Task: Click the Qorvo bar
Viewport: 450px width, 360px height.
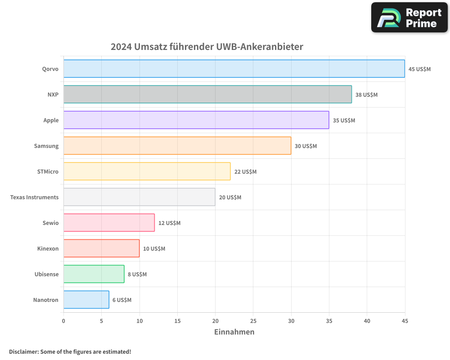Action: (x=234, y=69)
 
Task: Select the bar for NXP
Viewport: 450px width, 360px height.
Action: (x=207, y=94)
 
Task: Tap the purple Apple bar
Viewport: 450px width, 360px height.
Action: (x=196, y=120)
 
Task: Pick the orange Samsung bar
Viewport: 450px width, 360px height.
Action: (x=177, y=146)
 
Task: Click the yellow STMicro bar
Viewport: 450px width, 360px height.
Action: (x=147, y=171)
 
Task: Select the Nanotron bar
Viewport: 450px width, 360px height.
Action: (x=86, y=300)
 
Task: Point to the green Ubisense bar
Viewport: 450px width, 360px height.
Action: (x=94, y=274)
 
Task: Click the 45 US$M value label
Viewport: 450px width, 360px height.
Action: (x=419, y=69)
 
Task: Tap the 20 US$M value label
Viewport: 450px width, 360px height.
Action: (x=230, y=198)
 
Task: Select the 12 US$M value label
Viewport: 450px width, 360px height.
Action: (x=169, y=223)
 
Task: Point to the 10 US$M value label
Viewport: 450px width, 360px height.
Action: (x=154, y=249)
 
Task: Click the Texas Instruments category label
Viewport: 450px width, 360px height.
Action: (x=34, y=197)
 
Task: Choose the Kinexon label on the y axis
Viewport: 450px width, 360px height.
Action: (x=48, y=248)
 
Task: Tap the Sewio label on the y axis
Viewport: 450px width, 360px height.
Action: (x=50, y=223)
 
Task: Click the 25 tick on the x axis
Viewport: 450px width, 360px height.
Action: (x=253, y=321)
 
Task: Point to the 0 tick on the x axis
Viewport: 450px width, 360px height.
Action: (x=63, y=321)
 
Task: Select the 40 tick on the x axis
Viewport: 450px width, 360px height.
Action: (x=367, y=321)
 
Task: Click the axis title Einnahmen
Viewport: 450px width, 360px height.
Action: (x=234, y=332)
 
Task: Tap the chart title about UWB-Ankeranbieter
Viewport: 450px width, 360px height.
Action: (x=207, y=47)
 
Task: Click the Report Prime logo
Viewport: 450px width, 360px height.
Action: (x=409, y=18)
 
